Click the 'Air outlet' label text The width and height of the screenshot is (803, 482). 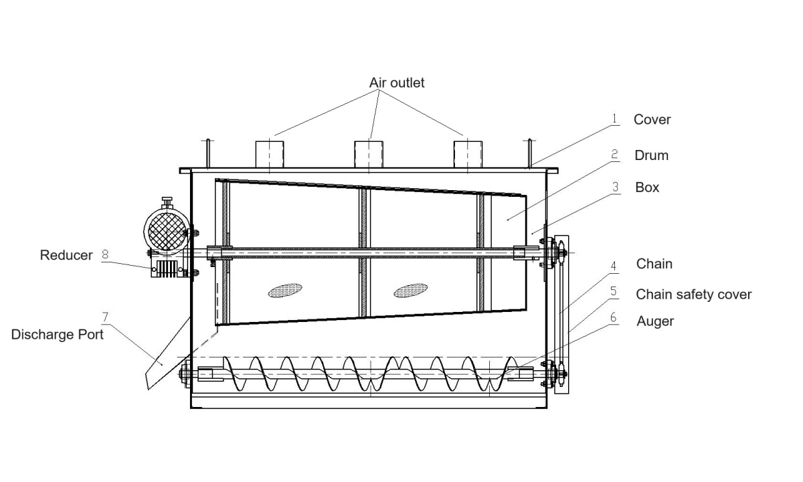coord(397,83)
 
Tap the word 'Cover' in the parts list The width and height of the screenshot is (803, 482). coord(652,120)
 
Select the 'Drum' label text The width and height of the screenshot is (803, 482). coord(651,155)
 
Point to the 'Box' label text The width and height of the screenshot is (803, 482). coord(647,187)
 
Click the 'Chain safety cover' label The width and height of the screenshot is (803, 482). coord(693,295)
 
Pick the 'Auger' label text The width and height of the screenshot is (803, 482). coord(654,321)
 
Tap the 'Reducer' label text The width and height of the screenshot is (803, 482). coord(66,255)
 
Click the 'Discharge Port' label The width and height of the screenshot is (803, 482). coord(58,334)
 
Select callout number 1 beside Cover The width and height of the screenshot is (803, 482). coord(613,118)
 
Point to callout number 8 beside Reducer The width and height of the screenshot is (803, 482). coord(104,254)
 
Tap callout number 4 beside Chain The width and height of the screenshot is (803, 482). coord(614,264)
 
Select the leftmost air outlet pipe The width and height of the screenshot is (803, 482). coord(269,154)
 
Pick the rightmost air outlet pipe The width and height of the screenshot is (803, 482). coord(467,154)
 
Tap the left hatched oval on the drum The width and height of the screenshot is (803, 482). coord(285,291)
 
